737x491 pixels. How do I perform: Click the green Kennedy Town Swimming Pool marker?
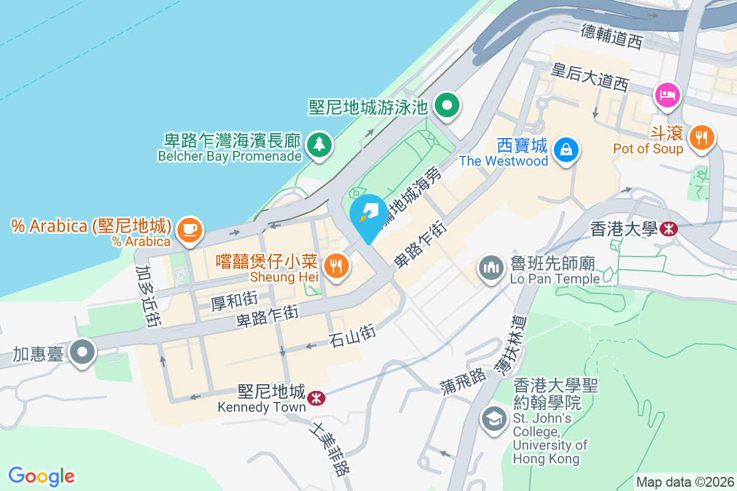coord(448,106)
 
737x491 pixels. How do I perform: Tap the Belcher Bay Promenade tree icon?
coord(319,145)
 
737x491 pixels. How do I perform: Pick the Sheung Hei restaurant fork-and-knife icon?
coord(335,265)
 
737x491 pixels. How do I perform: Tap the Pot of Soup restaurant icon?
coord(701,136)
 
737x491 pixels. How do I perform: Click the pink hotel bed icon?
coord(668,94)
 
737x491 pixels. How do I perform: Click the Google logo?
coord(42,476)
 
